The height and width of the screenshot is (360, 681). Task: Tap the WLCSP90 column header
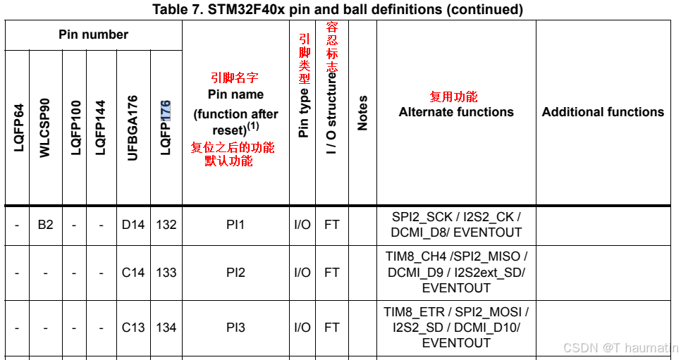click(x=46, y=128)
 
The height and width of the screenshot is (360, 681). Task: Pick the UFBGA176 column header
click(x=133, y=128)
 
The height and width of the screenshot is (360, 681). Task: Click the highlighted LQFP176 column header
click(x=166, y=128)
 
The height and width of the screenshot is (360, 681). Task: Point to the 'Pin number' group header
click(x=93, y=35)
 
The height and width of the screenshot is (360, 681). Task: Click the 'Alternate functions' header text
click(x=456, y=112)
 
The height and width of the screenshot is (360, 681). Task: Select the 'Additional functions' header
click(x=603, y=112)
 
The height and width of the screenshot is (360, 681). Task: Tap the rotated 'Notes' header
click(x=363, y=113)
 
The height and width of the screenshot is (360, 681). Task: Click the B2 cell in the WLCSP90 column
click(x=46, y=225)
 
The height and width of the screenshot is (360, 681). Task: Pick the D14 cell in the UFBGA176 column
click(x=133, y=225)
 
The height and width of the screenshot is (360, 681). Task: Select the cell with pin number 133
click(x=166, y=273)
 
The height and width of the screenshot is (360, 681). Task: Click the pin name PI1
click(x=235, y=225)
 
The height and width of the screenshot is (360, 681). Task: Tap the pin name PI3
click(x=235, y=328)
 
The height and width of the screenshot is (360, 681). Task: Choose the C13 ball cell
click(x=133, y=328)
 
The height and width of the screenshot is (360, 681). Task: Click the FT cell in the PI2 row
click(x=331, y=273)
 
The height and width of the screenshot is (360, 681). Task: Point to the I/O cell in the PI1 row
click(x=302, y=225)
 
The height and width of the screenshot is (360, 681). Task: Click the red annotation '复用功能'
click(x=454, y=97)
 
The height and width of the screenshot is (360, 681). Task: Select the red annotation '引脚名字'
click(x=230, y=78)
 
